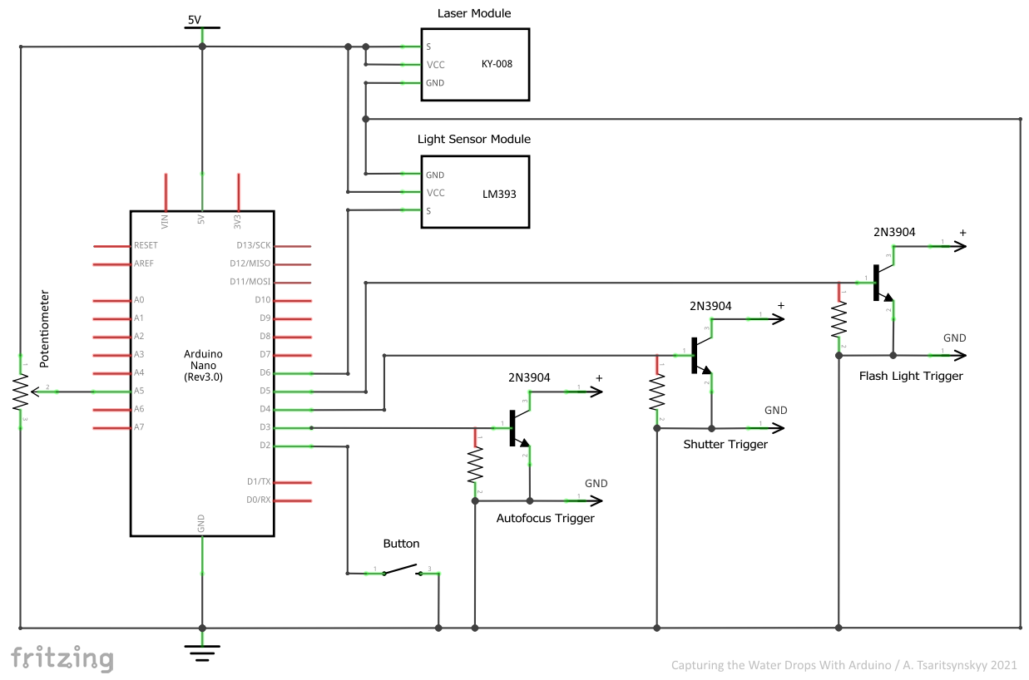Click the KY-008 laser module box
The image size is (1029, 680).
pos(475,65)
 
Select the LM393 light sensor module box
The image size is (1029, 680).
pos(475,192)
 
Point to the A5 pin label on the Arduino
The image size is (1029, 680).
pos(139,391)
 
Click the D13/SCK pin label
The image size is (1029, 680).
pos(253,246)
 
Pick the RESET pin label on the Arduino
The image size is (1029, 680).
pos(146,246)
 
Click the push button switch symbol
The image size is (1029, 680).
pos(401,570)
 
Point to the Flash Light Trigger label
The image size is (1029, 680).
pos(911,376)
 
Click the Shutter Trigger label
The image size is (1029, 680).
pos(725,445)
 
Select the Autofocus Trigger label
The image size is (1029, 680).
pos(545,518)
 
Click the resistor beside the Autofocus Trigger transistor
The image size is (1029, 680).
pos(475,465)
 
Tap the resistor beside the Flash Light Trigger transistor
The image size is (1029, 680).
pos(839,320)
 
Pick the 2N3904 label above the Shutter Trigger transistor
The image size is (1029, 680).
pos(710,306)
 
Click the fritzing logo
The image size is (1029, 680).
pos(62,658)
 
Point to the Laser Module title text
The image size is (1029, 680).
pos(474,13)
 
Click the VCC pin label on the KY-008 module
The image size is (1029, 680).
pos(435,65)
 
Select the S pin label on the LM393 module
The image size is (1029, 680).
pos(429,210)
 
